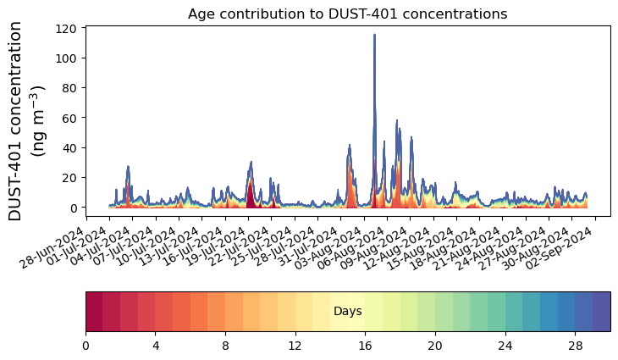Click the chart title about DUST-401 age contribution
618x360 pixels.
click(347, 14)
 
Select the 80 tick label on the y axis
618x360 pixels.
click(72, 88)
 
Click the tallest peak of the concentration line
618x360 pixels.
click(374, 36)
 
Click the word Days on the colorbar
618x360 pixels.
click(348, 312)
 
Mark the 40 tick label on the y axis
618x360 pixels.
click(72, 148)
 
